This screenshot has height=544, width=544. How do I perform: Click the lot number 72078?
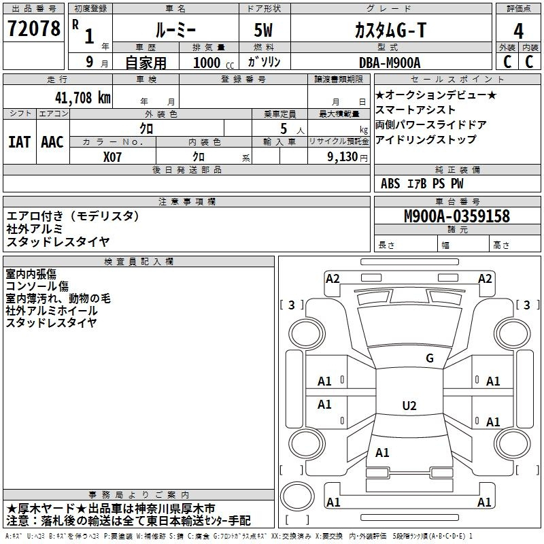point(33,29)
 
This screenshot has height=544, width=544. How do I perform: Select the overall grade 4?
point(518,31)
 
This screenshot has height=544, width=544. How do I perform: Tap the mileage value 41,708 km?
point(82,98)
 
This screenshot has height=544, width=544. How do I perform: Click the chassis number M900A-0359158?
point(457,216)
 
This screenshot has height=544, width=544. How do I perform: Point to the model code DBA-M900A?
point(390,63)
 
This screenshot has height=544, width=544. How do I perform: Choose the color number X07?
point(112,157)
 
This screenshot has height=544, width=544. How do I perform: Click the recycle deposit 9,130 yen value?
point(347,157)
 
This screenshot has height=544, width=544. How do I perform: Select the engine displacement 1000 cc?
point(214,63)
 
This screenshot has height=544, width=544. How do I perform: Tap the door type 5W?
point(263,30)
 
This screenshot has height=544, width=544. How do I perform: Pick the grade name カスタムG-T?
point(390,30)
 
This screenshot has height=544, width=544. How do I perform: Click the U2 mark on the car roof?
point(409,405)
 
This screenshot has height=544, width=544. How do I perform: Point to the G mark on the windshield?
point(430,358)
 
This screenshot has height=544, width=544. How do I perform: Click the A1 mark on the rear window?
point(382,452)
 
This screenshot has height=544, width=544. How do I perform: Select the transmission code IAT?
point(19,142)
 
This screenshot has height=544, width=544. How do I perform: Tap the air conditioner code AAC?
point(52,142)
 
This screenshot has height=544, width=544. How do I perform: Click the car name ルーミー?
point(175,30)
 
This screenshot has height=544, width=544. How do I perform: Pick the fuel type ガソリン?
point(264,62)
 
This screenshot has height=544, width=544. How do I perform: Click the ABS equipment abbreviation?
point(390,184)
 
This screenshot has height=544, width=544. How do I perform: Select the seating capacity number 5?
point(284,129)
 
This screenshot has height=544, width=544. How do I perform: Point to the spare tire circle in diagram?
point(297,496)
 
